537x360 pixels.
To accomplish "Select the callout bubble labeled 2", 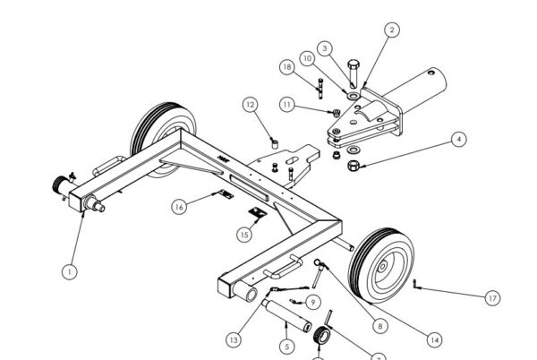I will (x=391, y=30).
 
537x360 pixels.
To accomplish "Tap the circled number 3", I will (x=325, y=47).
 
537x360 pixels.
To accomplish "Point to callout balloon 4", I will (x=458, y=140).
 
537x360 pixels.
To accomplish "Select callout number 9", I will (x=313, y=301).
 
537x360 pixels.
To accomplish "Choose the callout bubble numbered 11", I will (x=286, y=105).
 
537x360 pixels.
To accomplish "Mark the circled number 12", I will (x=251, y=106).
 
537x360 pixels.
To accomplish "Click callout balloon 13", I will (x=234, y=340).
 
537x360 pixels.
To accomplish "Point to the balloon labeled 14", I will (x=434, y=340).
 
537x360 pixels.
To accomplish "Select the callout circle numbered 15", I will (x=243, y=235).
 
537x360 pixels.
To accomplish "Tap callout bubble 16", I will (x=179, y=207).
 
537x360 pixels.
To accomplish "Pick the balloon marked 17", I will (x=493, y=297).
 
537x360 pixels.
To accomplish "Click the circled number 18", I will (x=286, y=67).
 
